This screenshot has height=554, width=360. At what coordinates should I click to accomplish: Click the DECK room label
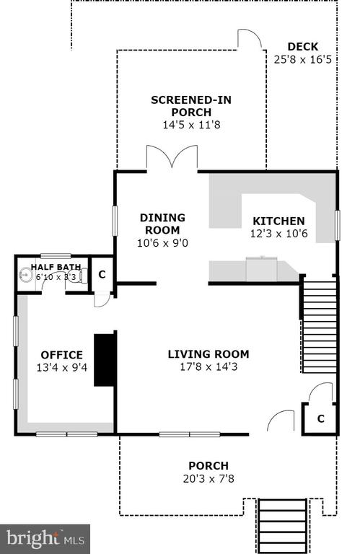[303, 47]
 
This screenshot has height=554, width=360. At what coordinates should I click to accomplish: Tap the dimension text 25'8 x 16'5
[303, 59]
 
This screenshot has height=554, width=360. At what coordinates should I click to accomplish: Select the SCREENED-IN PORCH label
[191, 106]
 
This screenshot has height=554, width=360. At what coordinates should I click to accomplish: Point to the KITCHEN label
[278, 221]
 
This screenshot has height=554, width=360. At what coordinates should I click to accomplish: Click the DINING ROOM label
[162, 224]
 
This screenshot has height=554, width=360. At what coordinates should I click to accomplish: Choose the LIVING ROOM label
[208, 354]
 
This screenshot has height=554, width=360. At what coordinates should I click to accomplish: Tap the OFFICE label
[62, 355]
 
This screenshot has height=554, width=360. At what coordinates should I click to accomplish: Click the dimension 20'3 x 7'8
[208, 479]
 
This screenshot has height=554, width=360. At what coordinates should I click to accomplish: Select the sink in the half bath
[25, 274]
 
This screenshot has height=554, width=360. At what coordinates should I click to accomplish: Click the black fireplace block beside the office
[105, 360]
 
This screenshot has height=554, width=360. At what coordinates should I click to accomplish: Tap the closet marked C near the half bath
[102, 274]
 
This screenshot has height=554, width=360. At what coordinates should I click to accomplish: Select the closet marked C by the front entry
[320, 418]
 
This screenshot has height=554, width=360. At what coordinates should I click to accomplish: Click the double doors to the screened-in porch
[172, 158]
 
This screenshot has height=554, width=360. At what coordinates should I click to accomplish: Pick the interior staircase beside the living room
[320, 327]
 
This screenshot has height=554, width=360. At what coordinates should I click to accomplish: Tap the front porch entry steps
[282, 526]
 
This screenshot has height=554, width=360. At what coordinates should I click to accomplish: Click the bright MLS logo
[45, 539]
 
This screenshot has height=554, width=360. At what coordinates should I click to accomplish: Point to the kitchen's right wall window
[338, 225]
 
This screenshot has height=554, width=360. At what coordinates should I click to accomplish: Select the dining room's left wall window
[115, 221]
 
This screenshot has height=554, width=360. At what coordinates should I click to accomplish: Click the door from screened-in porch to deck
[250, 39]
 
